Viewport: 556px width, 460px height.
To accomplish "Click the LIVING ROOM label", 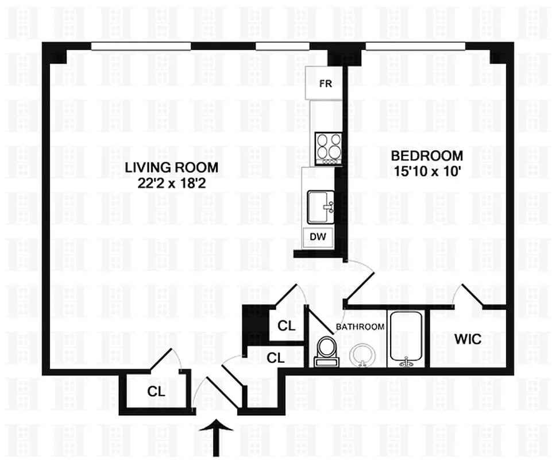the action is (171, 167).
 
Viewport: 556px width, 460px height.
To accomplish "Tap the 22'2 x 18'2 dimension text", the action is (171, 183).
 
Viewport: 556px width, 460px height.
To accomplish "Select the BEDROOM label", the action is (427, 156).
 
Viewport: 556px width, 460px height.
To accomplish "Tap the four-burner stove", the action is (329, 149).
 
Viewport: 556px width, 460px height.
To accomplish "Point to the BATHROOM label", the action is (360, 327).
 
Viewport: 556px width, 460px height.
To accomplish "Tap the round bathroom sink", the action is (362, 355).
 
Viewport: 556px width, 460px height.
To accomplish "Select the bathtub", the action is (406, 339).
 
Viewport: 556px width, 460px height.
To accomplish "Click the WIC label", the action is (468, 339).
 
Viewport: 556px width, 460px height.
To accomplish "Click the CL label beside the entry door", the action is (156, 392).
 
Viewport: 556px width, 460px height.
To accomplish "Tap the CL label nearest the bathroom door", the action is (287, 325).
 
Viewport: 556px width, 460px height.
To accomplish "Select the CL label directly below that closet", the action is (276, 358).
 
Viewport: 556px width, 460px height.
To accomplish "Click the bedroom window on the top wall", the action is (415, 46).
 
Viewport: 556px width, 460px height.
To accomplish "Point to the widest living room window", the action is (141, 46).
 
